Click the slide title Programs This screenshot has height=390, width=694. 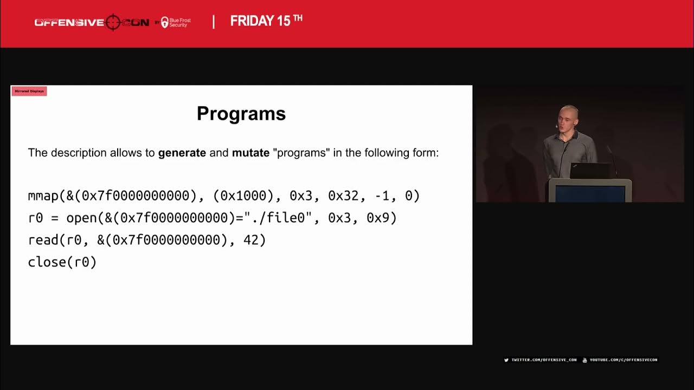click(241, 114)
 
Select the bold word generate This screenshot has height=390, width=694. click(182, 153)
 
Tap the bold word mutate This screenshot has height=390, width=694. click(250, 153)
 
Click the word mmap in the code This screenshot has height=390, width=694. click(43, 196)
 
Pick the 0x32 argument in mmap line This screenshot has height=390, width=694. click(343, 196)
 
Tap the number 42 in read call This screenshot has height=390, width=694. click(251, 240)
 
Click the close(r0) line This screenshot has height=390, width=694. click(62, 262)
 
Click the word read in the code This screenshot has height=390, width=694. click(43, 240)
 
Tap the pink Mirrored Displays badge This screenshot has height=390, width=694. click(29, 91)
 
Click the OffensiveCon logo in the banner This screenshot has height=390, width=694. click(92, 22)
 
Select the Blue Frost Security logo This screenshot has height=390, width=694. click(176, 22)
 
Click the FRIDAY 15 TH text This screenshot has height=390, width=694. click(266, 21)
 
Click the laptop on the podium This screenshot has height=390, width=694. click(590, 171)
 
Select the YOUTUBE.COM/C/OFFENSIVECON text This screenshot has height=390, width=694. click(622, 360)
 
